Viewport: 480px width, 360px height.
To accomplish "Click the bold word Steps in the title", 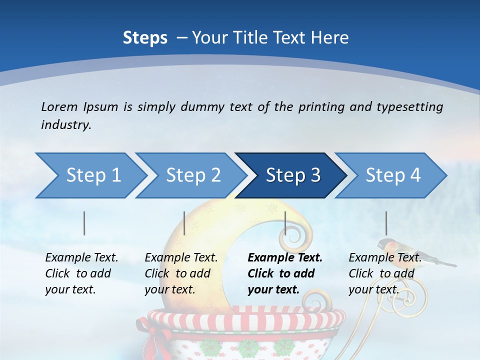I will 145,37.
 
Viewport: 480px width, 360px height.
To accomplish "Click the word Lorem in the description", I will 59,106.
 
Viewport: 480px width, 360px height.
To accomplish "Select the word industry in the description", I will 65,124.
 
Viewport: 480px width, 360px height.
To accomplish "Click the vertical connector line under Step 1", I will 84,223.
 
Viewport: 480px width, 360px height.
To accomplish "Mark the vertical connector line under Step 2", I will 184,223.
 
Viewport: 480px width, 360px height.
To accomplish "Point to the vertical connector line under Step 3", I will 285,223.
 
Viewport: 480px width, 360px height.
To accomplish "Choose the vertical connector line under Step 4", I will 386,223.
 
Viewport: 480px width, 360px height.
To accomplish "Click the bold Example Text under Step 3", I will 285,258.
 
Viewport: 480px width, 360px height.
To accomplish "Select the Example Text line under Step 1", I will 81,258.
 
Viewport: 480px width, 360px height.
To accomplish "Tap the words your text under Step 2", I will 169,289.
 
